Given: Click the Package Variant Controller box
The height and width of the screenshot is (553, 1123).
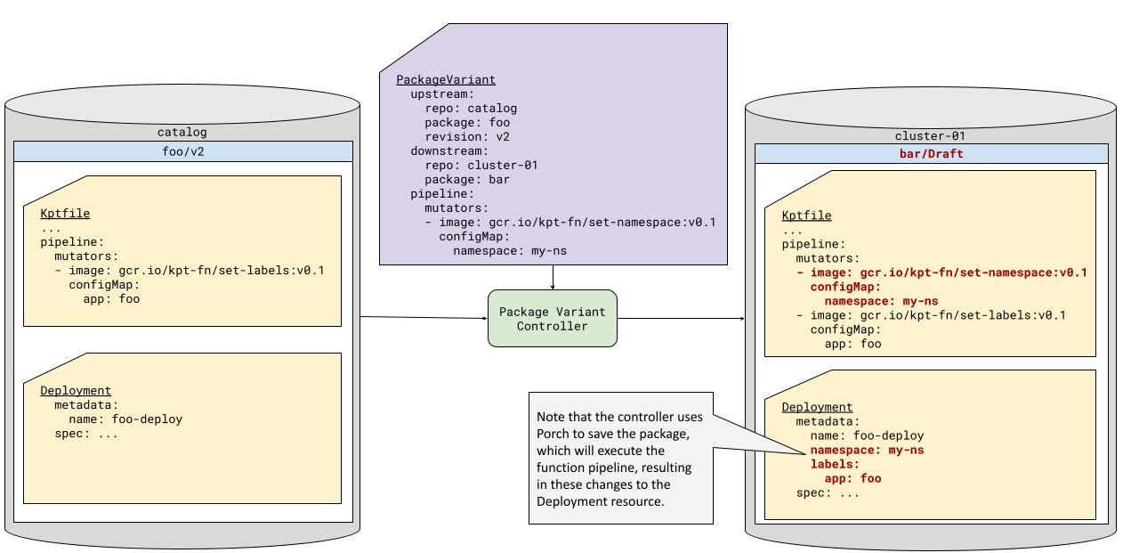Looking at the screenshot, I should coord(552,319).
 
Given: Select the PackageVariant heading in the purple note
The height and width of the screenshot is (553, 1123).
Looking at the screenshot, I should coord(446,80).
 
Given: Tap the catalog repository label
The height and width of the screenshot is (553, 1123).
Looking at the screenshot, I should coord(182,133).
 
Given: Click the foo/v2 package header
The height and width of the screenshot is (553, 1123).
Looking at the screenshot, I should coord(182,150).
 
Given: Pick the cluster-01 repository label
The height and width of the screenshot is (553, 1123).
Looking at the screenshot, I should coord(930,136).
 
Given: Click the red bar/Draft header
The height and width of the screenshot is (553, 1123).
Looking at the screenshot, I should coord(931,154).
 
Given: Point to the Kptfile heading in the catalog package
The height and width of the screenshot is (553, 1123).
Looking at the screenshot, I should coord(65,214).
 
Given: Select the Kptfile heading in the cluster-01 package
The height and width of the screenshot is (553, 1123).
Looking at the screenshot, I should coord(806,216).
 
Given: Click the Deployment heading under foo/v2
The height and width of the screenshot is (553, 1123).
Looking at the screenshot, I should coord(76,391).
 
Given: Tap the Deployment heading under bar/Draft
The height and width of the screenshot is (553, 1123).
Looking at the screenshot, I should coord(817,408).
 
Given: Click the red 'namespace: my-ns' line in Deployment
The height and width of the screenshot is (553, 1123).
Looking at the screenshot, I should coord(867,451).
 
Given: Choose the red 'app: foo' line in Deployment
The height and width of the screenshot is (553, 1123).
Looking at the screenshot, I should coord(852,478).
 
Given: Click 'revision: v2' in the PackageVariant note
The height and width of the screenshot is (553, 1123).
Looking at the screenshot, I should coord(466,137).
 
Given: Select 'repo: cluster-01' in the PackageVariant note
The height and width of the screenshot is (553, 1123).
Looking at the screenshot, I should coord(481,166).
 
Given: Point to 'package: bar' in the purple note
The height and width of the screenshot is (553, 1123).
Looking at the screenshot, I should coord(466,180).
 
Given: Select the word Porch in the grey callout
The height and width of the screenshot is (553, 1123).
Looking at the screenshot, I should coord(556,434).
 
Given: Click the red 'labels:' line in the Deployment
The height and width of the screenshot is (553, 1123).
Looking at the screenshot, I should coord(835,465).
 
